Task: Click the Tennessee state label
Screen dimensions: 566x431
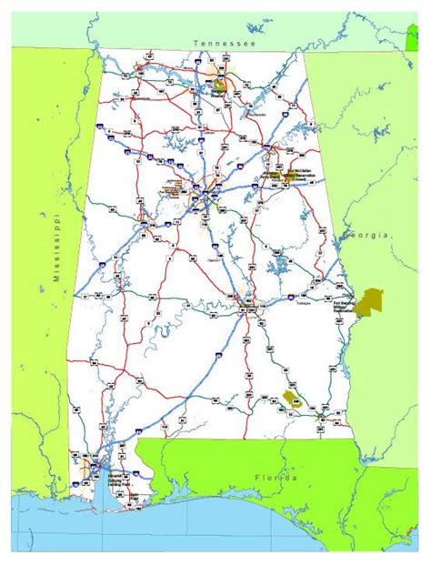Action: [224, 43]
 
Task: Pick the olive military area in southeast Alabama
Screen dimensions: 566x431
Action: [292, 398]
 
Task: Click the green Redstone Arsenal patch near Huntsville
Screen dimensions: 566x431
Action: [219, 87]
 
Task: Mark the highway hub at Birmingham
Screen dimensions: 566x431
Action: [208, 194]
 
